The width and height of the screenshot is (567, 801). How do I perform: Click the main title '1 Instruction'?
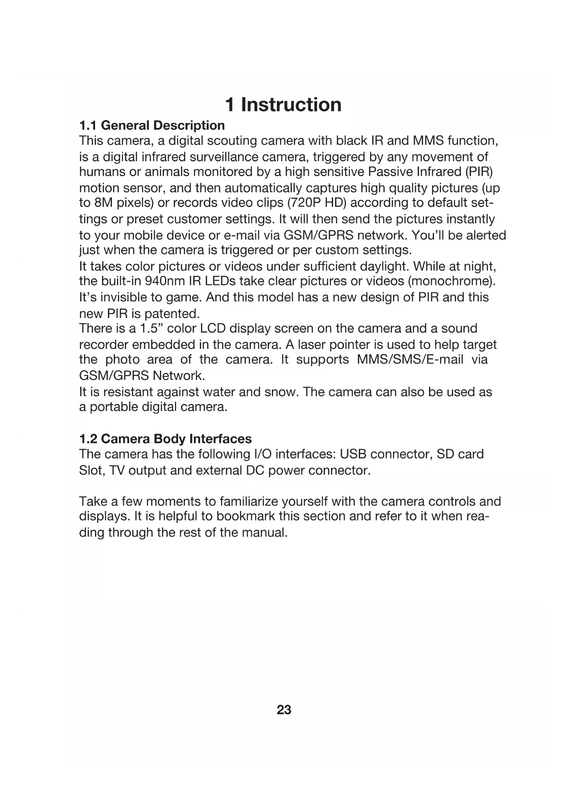click(283, 105)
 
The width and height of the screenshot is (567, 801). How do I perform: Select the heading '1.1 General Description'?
click(152, 125)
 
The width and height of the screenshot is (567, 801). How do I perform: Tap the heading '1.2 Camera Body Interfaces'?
click(165, 439)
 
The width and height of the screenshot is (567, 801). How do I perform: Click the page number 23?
click(284, 710)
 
